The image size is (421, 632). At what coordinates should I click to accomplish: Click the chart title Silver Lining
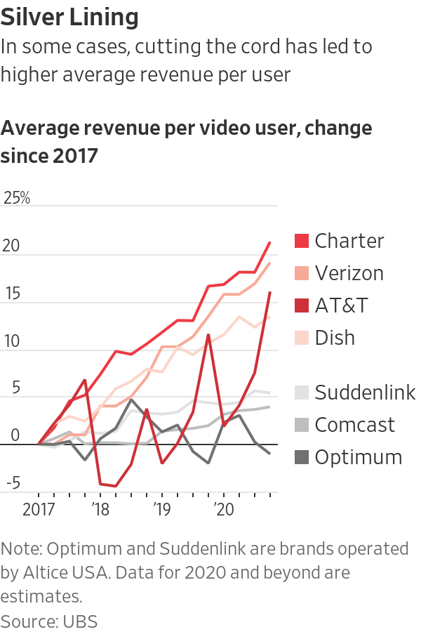69,17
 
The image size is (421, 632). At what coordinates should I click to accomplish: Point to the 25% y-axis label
17,198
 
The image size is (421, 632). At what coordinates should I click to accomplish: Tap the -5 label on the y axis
12,483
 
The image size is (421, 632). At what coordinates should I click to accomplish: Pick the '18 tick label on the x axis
100,509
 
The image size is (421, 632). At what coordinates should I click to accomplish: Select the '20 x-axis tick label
223,509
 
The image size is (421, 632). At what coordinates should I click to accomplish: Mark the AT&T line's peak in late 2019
208,335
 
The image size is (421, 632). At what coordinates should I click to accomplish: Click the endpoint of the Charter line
270,242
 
